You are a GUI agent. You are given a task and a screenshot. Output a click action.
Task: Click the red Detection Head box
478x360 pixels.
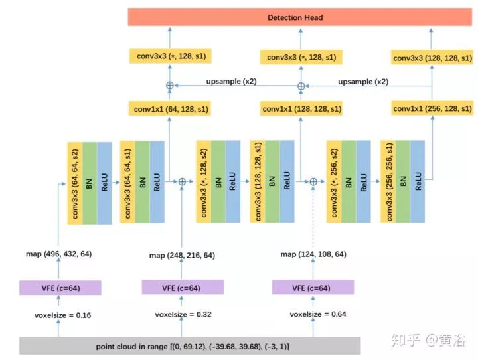[295, 17]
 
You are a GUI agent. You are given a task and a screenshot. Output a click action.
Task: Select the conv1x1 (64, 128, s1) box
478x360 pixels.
[169, 108]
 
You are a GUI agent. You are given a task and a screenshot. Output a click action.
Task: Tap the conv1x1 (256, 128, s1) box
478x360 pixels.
[432, 108]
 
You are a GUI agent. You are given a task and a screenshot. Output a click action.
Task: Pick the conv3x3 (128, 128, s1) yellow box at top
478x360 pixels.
[432, 58]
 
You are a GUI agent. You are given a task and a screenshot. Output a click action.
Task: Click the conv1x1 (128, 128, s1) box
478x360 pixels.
[301, 108]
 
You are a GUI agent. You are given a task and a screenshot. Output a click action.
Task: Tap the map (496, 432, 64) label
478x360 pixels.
[58, 254]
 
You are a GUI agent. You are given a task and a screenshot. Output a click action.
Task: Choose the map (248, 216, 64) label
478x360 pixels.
[182, 255]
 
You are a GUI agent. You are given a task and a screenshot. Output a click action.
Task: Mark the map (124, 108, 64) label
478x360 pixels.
[313, 254]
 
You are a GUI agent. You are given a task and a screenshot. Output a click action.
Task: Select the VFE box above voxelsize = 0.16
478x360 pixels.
[60, 288]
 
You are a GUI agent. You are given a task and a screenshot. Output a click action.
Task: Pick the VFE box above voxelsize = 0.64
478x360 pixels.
[313, 288]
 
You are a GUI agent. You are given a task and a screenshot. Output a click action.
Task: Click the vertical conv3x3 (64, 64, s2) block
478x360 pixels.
[74, 181]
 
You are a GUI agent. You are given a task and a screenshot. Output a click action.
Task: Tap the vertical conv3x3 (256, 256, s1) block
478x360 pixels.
[386, 181]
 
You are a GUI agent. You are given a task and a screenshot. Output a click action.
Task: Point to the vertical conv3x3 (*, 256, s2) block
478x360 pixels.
[334, 181]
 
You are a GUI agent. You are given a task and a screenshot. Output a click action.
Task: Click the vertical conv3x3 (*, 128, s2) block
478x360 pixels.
[204, 181]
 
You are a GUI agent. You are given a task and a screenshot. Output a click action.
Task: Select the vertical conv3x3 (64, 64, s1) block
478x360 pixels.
[127, 181]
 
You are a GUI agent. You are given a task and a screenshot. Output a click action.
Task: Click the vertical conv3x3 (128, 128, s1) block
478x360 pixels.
[257, 181]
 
